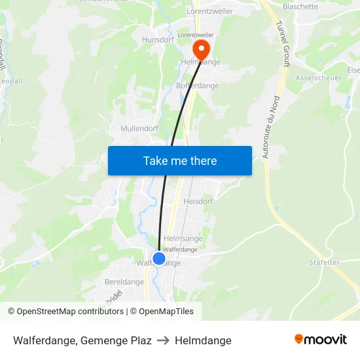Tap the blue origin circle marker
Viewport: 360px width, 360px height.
pyautogui.click(x=158, y=259)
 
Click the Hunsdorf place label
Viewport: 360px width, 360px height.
pyautogui.click(x=157, y=40)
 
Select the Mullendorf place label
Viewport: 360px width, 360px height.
pyautogui.click(x=139, y=129)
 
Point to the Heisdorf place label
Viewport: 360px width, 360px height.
pyautogui.click(x=198, y=202)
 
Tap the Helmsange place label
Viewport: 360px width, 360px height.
pyautogui.click(x=183, y=239)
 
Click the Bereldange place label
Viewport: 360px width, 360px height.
pyautogui.click(x=124, y=282)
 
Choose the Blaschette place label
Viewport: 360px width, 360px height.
pyautogui.click(x=300, y=7)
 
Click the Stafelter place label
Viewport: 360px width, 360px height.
pyautogui.click(x=325, y=262)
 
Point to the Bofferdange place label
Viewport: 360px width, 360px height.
pyautogui.click(x=198, y=86)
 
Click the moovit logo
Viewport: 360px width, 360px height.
pyautogui.click(x=320, y=340)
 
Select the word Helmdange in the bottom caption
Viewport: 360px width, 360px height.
pyautogui.click(x=203, y=340)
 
